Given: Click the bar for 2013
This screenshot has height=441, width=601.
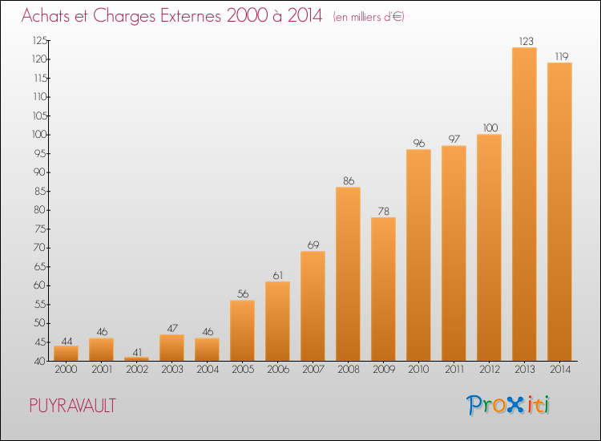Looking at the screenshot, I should click(524, 204).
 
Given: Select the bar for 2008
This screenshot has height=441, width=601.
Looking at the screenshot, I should click(348, 274).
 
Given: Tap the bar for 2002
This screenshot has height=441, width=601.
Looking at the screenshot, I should click(136, 358).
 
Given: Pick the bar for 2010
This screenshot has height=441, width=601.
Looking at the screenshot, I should click(418, 255).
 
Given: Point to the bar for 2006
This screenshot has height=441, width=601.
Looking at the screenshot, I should click(277, 321).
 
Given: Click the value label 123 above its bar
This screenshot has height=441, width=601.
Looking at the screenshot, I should click(524, 41).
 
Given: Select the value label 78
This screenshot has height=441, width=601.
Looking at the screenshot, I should click(383, 211).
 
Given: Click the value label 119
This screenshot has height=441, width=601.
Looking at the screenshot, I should click(559, 56).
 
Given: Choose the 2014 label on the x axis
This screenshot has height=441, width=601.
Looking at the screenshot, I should click(559, 370).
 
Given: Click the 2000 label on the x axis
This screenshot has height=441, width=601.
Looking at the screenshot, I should click(66, 370).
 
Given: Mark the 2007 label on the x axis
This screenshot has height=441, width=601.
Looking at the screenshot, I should click(313, 370).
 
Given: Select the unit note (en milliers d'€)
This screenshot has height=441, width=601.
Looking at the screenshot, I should click(369, 17).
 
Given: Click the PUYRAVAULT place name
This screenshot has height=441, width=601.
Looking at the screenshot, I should click(72, 406).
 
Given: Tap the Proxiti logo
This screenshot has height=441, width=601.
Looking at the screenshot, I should click(508, 405).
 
